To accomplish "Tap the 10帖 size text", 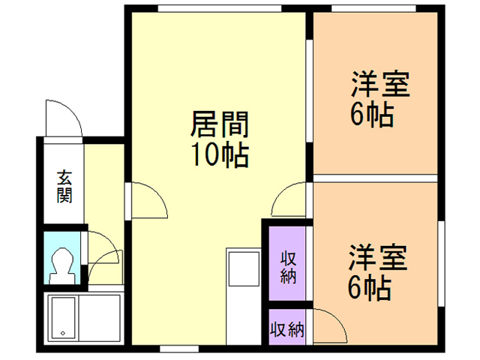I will click(219, 154).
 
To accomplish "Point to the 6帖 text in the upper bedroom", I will click(372, 115).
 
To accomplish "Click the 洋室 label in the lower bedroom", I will click(377, 257).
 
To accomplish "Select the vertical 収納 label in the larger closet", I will click(287, 267).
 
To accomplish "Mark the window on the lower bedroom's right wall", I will click(440, 259).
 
